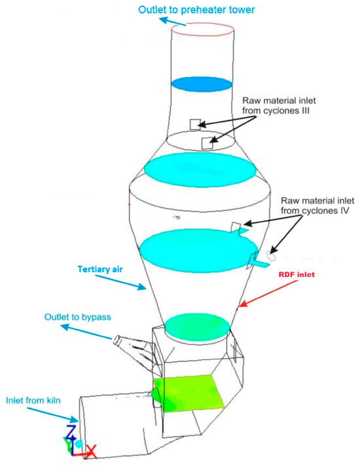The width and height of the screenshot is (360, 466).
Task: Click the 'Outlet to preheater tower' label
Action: tap(196, 10)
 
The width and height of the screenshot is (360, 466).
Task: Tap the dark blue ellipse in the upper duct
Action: tap(202, 84)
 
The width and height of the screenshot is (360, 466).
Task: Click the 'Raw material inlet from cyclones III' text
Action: tap(279, 105)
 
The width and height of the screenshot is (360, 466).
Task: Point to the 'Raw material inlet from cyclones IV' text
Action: tap(317, 206)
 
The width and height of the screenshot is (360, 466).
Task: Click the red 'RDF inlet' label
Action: tap(297, 274)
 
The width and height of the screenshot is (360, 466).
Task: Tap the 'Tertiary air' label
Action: tap(100, 269)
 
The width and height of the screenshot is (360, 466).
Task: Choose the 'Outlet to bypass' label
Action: tap(78, 317)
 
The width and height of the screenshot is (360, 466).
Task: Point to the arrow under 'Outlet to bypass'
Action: tap(86, 332)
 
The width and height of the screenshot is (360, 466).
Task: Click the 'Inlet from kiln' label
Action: tap(33, 401)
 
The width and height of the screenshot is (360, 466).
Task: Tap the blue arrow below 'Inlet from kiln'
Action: tap(52, 414)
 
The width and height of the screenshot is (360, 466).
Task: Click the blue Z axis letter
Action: tap(71, 433)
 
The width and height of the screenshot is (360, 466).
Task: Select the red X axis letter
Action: tap(91, 451)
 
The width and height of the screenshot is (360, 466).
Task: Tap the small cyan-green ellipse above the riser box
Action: tap(198, 327)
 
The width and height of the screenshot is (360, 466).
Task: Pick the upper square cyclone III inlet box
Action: tap(196, 124)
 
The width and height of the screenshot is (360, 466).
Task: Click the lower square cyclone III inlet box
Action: tap(207, 143)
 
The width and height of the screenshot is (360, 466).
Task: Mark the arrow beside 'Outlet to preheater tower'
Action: tap(173, 22)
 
